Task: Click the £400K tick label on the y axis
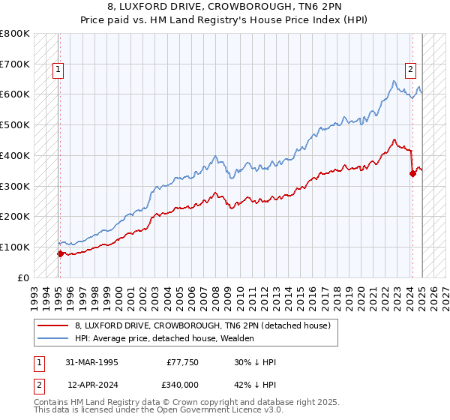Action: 15,155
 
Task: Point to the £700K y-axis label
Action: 15,64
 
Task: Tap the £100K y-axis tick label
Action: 15,247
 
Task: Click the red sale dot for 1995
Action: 60,253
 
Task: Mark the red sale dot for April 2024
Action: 412,173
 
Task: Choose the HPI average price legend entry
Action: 164,338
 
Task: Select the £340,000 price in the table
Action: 182,385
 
